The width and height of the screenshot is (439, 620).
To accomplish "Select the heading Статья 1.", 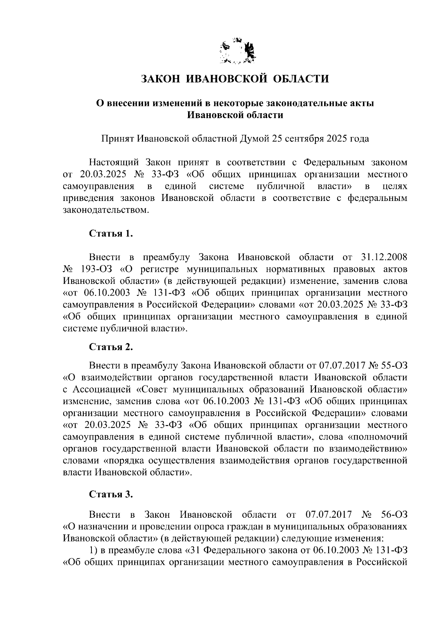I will (x=111, y=234).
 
